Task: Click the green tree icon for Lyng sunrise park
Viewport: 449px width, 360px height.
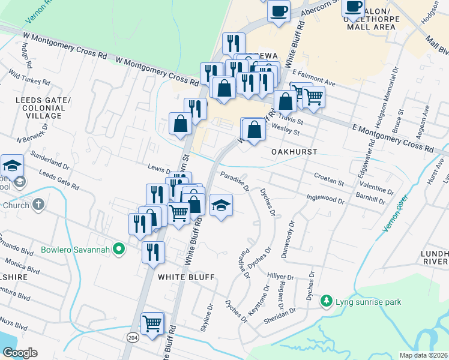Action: click(326, 300)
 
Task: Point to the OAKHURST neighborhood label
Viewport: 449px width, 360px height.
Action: click(293, 152)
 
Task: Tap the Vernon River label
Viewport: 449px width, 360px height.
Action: click(394, 212)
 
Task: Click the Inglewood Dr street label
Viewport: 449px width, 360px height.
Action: click(324, 199)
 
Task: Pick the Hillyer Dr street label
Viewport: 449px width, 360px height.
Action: click(280, 276)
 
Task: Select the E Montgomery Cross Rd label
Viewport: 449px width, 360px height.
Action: click(392, 137)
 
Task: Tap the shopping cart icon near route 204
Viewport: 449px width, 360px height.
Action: click(152, 323)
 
